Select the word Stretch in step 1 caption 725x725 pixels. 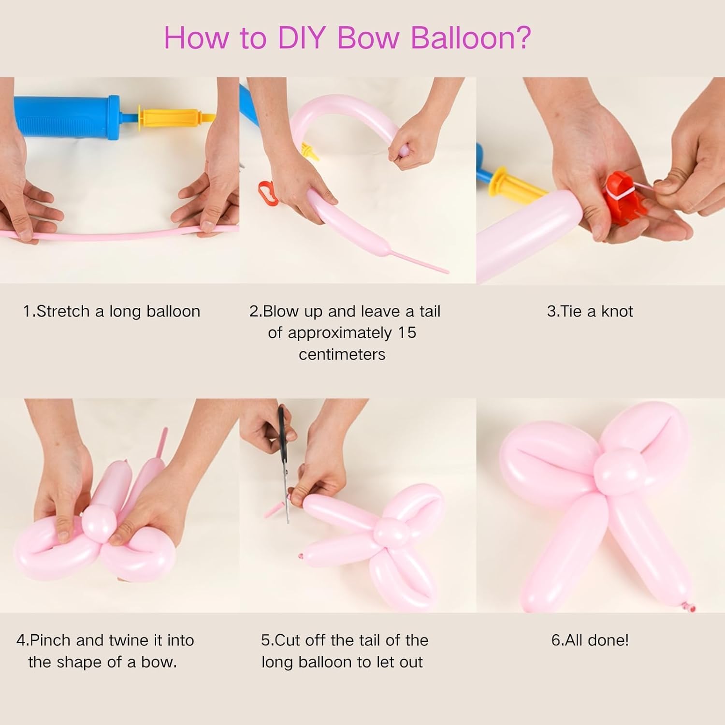point(64,311)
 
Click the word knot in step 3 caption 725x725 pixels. point(617,311)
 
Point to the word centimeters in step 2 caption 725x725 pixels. point(342,354)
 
